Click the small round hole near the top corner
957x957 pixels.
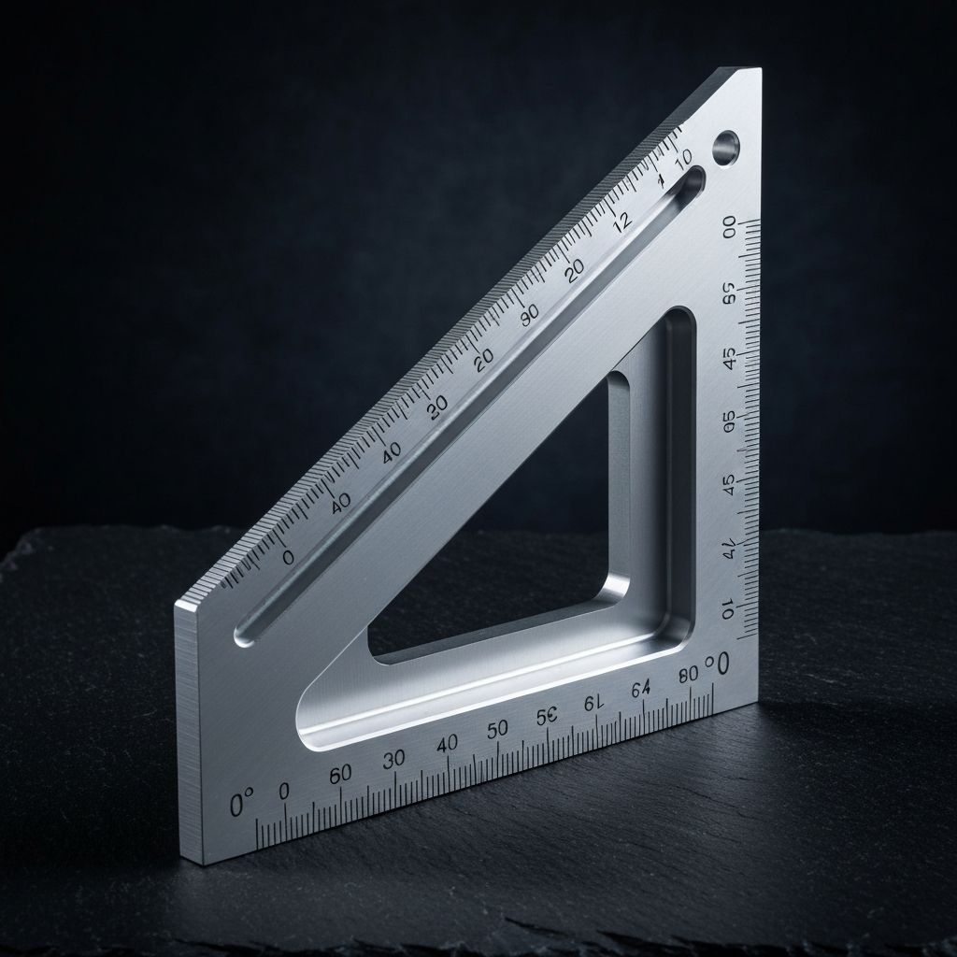pos(725,146)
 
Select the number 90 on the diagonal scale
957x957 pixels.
pos(530,315)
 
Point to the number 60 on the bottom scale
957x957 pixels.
pos(341,773)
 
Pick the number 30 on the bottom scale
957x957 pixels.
pos(393,759)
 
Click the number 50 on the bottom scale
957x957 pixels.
pos(497,728)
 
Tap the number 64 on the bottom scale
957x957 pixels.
pos(640,690)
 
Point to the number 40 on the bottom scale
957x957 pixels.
pos(447,744)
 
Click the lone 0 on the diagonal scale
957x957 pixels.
pos(287,557)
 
